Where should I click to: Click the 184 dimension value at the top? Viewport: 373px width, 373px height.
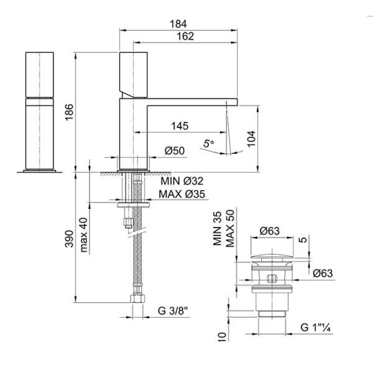tap(178, 24)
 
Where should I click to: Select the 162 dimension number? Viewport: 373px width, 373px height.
tap(185, 37)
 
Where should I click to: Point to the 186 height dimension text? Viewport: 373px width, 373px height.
tap(69, 113)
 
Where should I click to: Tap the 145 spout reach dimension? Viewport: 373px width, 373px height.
tap(180, 126)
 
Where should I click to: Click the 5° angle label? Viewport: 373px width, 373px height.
tap(209, 144)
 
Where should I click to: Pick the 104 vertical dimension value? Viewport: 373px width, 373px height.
tap(251, 139)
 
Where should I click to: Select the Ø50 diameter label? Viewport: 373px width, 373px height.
tap(175, 151)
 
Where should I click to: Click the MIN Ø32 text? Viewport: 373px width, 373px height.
tap(182, 182)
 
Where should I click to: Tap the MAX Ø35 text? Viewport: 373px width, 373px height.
tap(182, 194)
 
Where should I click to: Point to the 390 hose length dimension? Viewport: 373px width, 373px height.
tap(69, 239)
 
